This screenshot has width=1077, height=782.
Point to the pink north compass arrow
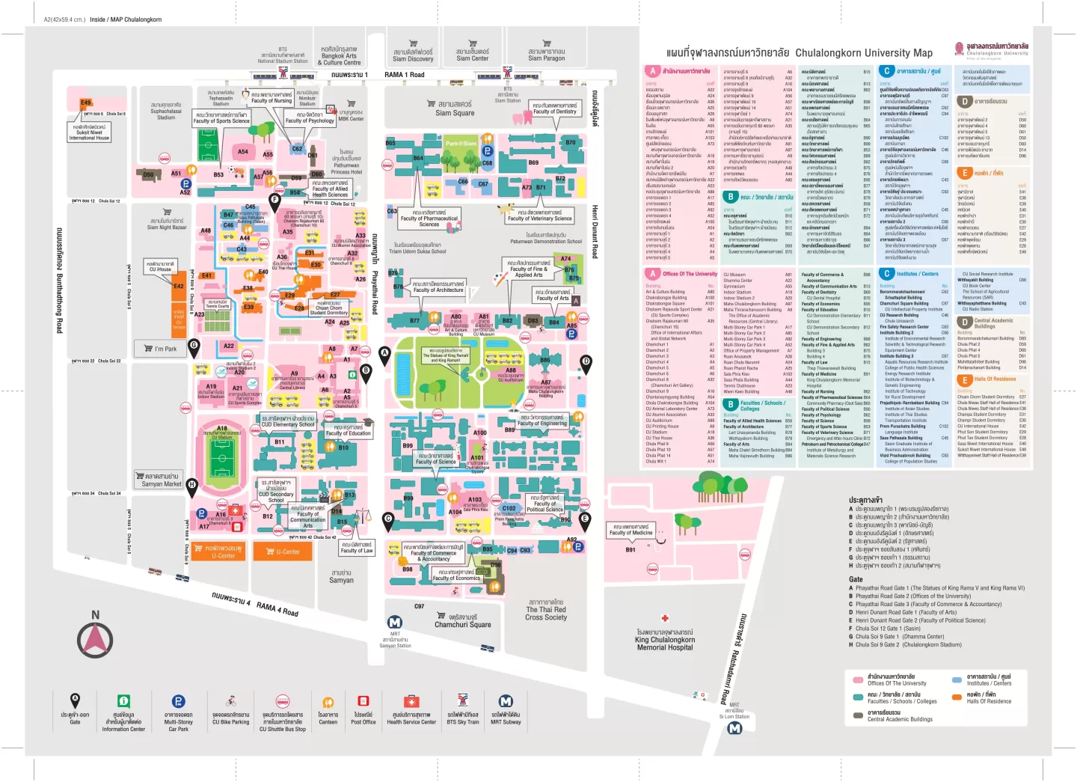[x=96, y=640]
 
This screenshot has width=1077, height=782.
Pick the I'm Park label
[x=165, y=349]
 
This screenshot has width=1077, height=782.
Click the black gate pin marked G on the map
[x=194, y=346]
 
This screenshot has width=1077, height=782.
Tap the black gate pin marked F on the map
[x=274, y=201]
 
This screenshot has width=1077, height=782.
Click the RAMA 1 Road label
[x=404, y=75]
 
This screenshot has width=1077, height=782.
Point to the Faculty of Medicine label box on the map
[x=630, y=530]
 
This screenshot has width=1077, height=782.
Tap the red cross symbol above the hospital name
[x=664, y=618]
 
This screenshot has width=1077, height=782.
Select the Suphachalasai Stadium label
[x=166, y=112]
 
